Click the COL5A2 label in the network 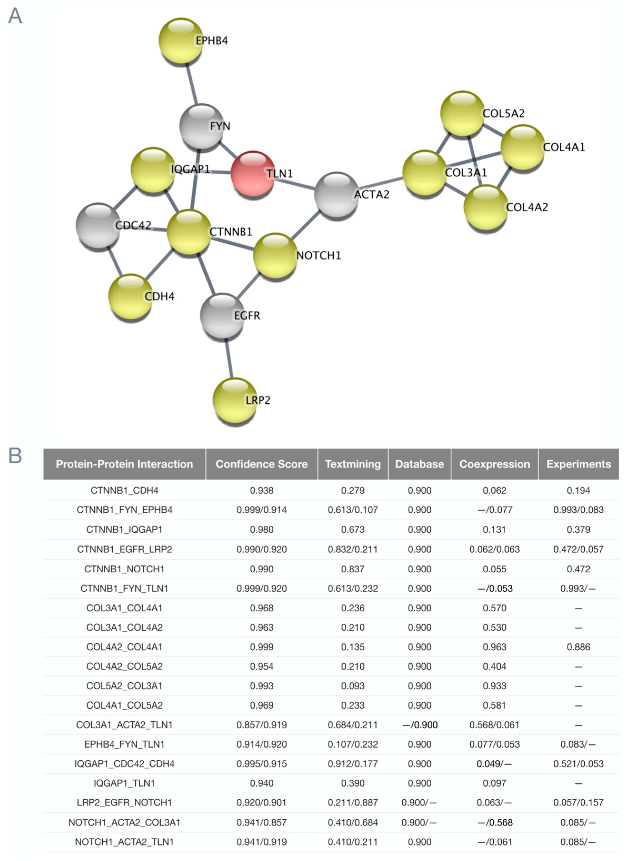[503, 113]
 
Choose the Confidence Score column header [262, 464]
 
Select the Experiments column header [578, 464]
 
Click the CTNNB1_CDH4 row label [124, 490]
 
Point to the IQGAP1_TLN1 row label [124, 783]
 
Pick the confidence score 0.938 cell [262, 490]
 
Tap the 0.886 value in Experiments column [578, 647]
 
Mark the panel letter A [15, 16]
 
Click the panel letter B [15, 455]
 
